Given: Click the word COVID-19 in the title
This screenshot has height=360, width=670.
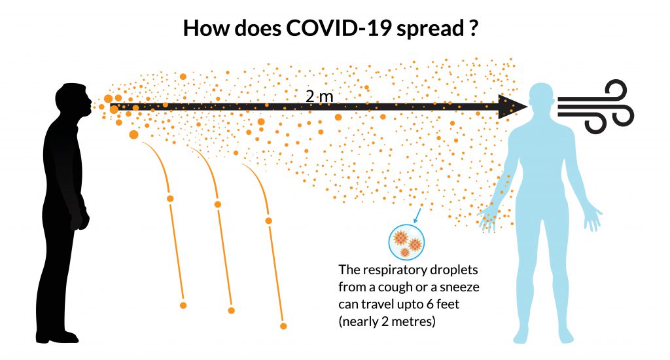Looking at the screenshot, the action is (338, 28).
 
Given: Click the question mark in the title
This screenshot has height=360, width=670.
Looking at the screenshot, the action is (473, 28).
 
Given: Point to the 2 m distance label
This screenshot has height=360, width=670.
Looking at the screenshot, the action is (319, 97).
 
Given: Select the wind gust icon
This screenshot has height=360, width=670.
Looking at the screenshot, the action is (595, 106).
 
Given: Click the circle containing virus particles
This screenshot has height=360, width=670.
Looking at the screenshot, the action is (406, 242).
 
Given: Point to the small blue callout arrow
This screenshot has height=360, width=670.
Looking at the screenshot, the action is (417, 215).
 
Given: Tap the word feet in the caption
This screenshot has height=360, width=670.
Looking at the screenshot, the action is (448, 304).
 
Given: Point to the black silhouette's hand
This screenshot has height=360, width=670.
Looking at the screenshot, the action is (81, 219).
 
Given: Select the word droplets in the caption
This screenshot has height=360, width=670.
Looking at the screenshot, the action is (454, 270).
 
